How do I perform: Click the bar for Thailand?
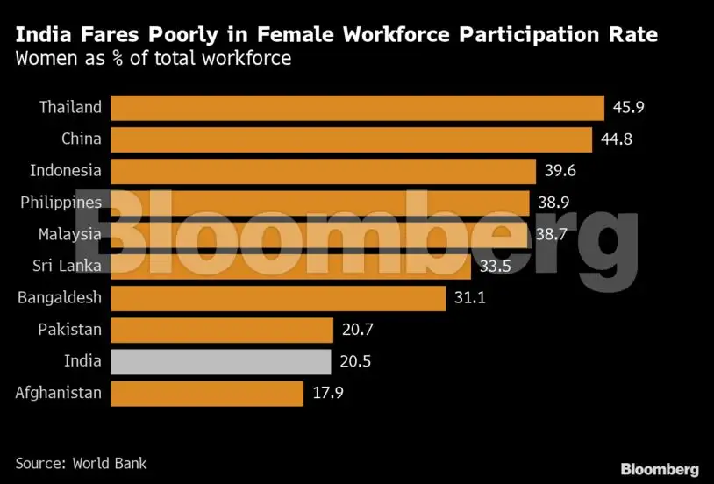click(356, 108)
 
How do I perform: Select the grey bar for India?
click(220, 360)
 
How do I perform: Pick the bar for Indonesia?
click(323, 170)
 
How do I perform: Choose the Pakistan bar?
click(221, 330)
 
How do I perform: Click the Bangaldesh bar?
click(277, 298)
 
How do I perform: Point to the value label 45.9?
click(629, 108)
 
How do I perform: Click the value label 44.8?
click(617, 139)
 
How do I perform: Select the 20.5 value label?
click(356, 360)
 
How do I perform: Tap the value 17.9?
click(328, 393)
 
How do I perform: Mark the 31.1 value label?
click(469, 298)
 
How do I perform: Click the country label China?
click(82, 139)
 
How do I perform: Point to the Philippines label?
click(61, 203)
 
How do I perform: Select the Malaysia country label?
click(70, 234)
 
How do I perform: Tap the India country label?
click(82, 360)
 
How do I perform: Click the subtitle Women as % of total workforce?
click(154, 60)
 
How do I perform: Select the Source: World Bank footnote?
click(82, 462)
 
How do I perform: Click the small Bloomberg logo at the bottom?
click(660, 468)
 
